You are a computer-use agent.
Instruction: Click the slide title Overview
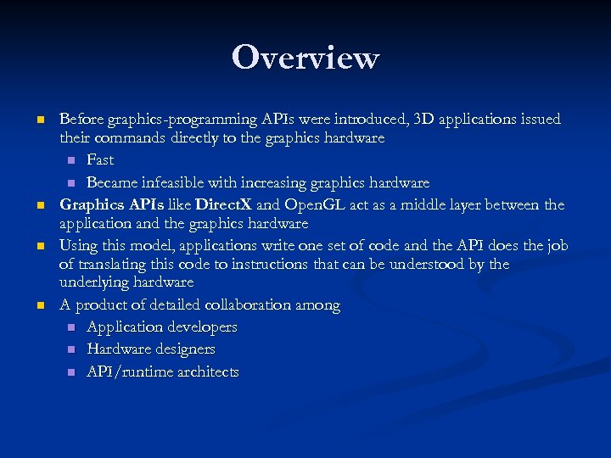click(305, 58)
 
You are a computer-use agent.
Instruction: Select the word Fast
click(100, 159)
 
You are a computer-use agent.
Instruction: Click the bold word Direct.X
click(223, 204)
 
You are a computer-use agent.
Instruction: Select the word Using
click(78, 245)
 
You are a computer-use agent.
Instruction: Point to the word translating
click(112, 264)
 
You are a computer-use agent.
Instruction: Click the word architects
click(209, 371)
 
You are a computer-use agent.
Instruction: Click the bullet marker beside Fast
click(71, 160)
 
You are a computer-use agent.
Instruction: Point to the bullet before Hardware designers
click(71, 349)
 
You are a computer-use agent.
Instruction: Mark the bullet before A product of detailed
click(40, 305)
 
